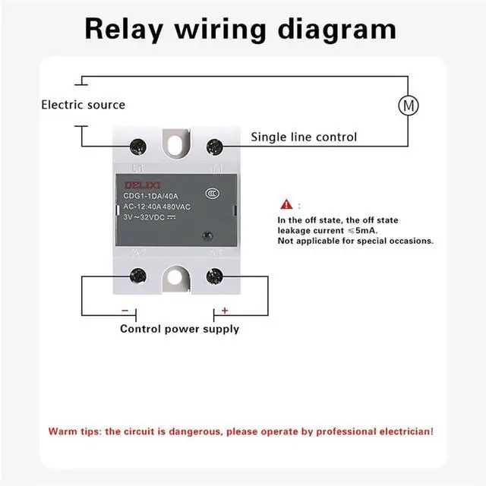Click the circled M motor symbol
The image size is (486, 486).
point(409,106)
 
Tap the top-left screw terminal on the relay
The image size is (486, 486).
point(139,144)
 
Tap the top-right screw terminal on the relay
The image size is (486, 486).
point(215,144)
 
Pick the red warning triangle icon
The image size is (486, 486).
point(286,204)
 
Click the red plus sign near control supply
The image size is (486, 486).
point(225,310)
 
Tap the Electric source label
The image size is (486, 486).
point(83,105)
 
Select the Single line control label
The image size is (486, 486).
point(304,137)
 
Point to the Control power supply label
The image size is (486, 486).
point(179,329)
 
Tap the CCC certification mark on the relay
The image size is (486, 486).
point(215,194)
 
